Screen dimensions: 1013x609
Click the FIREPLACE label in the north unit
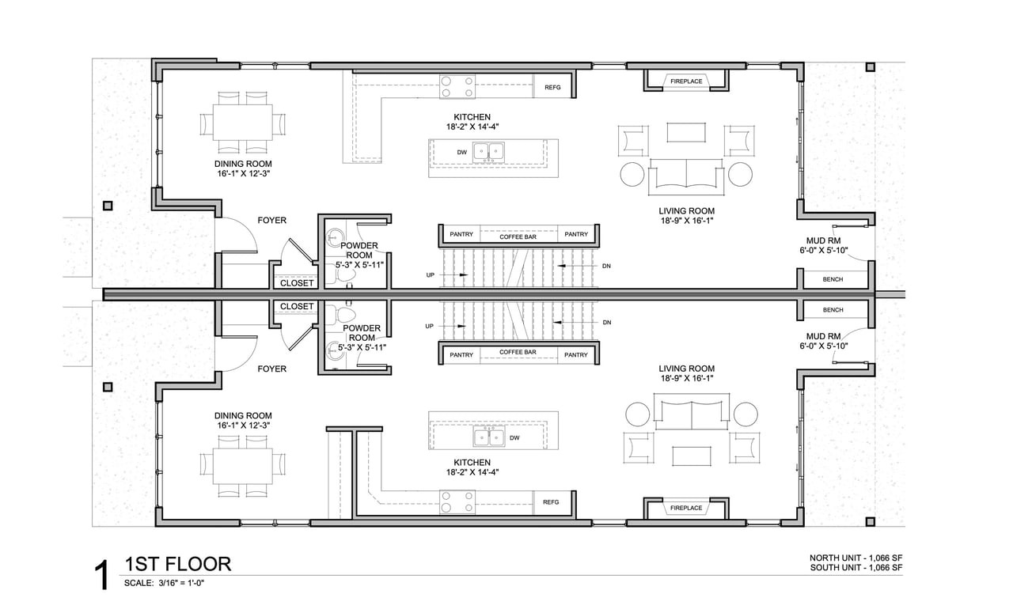tap(686, 81)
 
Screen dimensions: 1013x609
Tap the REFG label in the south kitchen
tap(551, 502)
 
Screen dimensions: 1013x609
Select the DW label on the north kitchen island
tap(461, 152)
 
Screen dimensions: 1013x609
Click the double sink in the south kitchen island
tap(489, 437)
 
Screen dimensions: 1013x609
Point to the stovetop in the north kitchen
tap(457, 87)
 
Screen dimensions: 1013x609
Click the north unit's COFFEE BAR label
tap(518, 236)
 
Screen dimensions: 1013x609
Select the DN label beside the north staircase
tap(606, 266)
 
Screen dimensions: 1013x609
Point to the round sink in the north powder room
tap(335, 236)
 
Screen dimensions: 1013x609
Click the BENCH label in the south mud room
tap(833, 310)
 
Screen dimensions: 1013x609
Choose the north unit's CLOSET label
tap(297, 283)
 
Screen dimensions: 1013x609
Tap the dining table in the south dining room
tap(243, 466)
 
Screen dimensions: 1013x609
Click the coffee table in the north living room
tap(686, 132)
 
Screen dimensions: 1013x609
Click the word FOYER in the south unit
tap(271, 369)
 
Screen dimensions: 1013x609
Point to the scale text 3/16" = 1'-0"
tap(181, 583)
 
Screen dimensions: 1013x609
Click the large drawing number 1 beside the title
tap(103, 575)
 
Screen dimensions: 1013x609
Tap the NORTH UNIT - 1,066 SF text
tap(856, 558)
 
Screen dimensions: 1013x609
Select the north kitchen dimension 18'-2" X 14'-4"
tap(472, 127)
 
